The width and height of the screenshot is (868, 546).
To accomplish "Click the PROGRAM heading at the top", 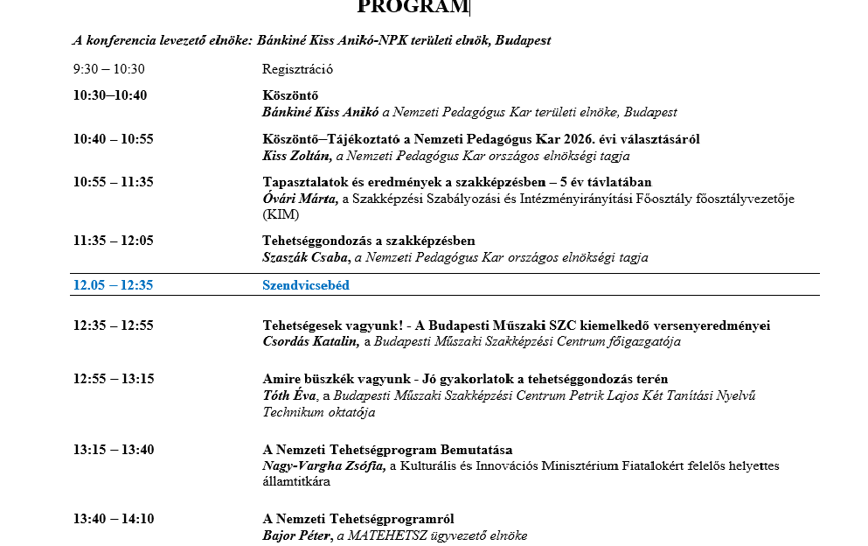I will click(413, 7).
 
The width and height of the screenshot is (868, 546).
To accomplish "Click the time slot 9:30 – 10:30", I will click(109, 69).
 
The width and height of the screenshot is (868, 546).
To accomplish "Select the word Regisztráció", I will click(297, 69).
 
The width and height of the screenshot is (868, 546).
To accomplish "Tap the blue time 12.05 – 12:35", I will click(113, 285).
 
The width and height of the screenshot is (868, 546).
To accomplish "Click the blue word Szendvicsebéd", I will click(306, 285).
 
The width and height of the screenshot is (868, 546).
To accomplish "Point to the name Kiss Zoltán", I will click(295, 156).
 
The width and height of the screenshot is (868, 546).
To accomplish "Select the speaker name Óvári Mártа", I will click(300, 199).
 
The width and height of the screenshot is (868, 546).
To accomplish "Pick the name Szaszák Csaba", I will click(305, 257).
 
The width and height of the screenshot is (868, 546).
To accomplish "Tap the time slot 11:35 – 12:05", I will click(113, 241).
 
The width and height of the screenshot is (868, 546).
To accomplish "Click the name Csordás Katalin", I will click(310, 342).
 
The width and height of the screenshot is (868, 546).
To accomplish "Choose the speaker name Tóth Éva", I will click(289, 395).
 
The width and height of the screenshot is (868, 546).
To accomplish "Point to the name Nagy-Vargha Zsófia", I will click(323, 466).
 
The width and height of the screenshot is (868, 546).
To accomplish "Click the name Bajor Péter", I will click(297, 535).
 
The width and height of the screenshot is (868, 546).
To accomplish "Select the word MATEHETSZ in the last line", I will click(389, 535).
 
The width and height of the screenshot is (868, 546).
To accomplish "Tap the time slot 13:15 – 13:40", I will click(113, 450).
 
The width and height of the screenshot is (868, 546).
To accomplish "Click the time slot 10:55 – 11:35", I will click(113, 182).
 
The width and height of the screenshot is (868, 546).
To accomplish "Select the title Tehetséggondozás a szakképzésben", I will click(369, 241).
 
